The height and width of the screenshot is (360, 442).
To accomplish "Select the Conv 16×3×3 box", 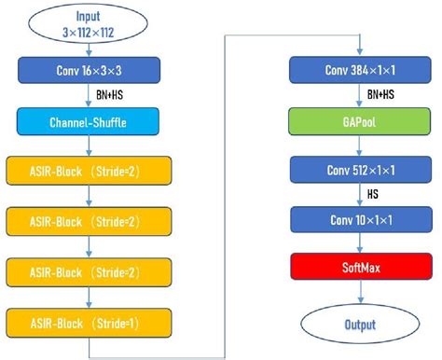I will (88, 70).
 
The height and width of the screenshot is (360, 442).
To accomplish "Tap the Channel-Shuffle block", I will (88, 120).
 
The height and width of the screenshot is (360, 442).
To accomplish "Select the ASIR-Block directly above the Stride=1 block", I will (88, 272).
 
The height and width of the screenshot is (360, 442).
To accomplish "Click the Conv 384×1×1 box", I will (359, 70).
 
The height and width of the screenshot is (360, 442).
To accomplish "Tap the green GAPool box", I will (359, 120).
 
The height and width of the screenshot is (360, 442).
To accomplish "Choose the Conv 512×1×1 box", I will (359, 171).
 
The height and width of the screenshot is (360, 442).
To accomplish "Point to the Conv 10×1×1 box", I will (359, 221).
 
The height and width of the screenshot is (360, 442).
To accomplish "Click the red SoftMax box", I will (359, 271).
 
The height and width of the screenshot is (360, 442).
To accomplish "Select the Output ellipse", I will (359, 324).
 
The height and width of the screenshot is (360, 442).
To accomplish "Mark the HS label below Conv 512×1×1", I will (374, 196).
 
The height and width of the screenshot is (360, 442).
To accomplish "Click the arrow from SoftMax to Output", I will (359, 296).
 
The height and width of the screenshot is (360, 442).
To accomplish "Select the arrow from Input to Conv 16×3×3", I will (88, 48).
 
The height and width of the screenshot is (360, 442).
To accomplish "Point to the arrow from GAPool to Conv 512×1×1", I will (359, 145).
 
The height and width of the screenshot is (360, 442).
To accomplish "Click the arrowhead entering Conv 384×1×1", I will (359, 51).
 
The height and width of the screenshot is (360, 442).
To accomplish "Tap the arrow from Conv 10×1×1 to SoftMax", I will (359, 246).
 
